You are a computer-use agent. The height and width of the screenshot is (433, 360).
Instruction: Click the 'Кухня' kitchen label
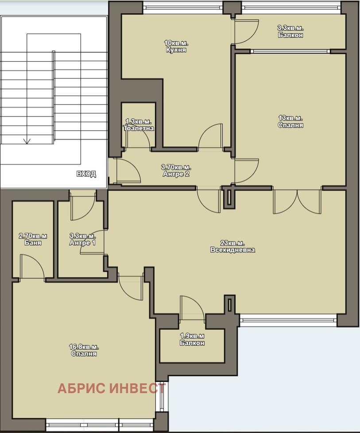176,50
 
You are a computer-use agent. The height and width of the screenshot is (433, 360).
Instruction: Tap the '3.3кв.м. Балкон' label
290,31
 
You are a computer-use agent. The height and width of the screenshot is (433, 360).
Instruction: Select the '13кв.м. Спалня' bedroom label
290,121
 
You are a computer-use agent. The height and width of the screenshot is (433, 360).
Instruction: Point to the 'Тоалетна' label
139,128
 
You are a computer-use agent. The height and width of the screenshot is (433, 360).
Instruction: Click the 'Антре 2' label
176,174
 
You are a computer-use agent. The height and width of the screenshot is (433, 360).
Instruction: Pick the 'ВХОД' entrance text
86,174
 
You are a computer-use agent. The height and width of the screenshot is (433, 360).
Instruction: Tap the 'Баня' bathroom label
33,243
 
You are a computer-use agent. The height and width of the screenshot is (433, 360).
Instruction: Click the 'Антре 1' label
82,243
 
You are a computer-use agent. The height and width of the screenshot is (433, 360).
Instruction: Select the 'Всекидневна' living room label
232,250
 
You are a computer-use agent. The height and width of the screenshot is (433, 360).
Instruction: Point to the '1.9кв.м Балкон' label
192,339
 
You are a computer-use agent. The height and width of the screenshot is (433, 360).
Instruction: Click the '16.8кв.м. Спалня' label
84,350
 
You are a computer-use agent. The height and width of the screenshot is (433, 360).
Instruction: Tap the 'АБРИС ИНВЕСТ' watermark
112,388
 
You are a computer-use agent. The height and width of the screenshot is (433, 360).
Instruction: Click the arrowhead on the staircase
27,141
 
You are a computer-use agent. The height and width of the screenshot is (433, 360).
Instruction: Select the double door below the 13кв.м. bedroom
298,202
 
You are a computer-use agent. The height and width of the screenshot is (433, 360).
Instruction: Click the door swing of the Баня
33,266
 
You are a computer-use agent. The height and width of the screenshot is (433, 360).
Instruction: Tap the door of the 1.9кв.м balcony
192,308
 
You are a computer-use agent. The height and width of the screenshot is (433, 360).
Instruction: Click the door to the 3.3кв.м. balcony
246,31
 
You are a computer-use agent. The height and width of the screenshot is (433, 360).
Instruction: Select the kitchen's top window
183,8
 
